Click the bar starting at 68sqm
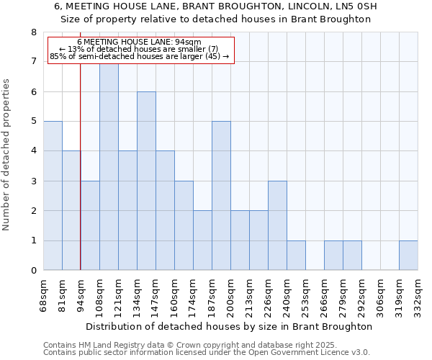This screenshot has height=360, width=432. (53, 196)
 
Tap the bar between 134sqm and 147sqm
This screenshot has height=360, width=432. (146, 181)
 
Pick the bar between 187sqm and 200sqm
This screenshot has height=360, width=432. (221, 196)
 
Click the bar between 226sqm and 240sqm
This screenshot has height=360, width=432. (277, 225)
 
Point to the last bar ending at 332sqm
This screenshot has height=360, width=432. (408, 256)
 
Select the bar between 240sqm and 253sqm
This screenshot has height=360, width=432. (296, 256)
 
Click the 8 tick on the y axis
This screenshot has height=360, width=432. (33, 32)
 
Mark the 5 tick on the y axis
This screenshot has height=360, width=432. (33, 122)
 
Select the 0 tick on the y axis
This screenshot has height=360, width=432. (33, 271)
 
